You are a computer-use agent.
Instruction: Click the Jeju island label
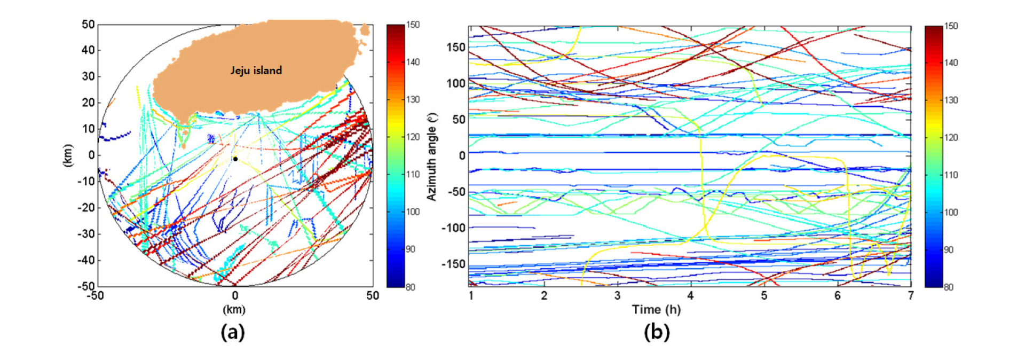point(256,71)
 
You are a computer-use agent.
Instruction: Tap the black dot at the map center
point(235,159)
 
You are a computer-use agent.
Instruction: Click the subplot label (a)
point(233,332)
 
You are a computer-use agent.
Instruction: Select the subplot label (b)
point(656,332)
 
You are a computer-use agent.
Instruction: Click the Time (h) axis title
point(656,309)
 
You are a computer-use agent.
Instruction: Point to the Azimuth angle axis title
point(432,156)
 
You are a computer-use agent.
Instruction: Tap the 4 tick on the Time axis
point(690,296)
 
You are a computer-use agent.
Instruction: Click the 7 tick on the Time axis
point(911,296)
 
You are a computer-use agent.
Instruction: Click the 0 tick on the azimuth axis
point(462,155)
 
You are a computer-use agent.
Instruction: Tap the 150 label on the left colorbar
point(413,25)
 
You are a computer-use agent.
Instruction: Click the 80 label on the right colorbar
point(948,287)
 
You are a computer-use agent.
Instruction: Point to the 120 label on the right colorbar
point(951,137)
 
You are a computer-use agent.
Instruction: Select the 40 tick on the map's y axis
point(88,50)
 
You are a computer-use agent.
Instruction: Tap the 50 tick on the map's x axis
point(372,296)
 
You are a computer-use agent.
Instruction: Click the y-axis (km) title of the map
point(68,155)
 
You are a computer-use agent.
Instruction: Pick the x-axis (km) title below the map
point(234,310)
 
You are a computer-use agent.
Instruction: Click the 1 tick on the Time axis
point(471,296)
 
